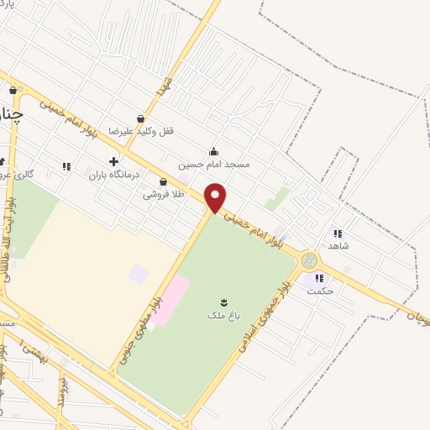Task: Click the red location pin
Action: click(216, 197)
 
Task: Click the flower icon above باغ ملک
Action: click(224, 302)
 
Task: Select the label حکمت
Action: click(321, 291)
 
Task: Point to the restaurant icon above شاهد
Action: click(337, 233)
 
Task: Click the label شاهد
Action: click(339, 246)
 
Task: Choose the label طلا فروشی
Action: click(162, 194)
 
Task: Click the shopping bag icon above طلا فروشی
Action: click(162, 181)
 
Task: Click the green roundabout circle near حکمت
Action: click(309, 261)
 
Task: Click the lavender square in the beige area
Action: click(139, 274)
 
